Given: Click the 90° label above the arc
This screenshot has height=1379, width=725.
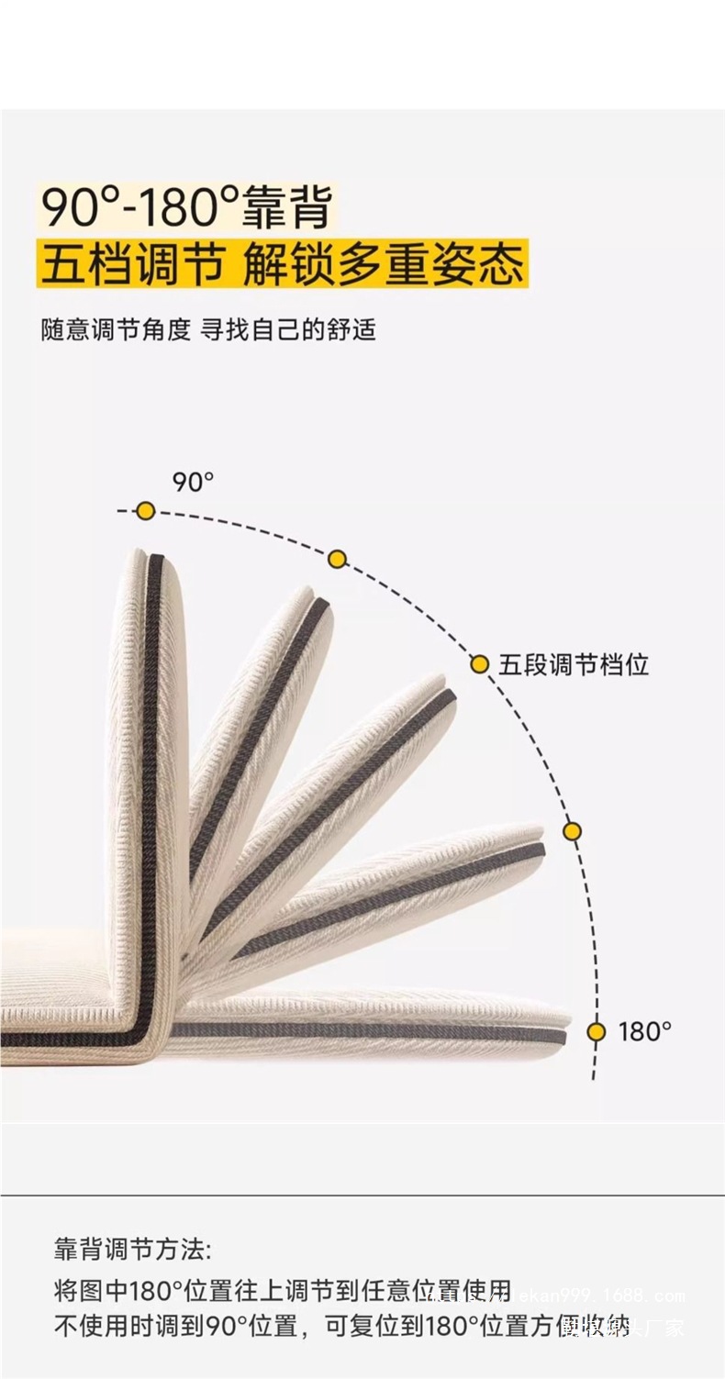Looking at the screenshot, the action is click(x=193, y=481).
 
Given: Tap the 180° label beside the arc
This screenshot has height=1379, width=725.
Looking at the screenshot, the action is click(x=644, y=1031).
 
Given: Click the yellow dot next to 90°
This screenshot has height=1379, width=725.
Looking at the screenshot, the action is click(x=145, y=511).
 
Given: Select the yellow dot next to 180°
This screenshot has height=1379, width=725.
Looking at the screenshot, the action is click(x=597, y=1031).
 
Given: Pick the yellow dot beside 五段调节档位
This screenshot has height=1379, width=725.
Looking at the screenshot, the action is click(x=480, y=664).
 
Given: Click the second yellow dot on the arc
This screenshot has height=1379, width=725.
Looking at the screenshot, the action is click(x=337, y=559).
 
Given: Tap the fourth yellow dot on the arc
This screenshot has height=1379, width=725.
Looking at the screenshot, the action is click(x=572, y=831).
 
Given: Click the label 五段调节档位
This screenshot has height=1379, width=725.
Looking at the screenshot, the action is click(x=574, y=664).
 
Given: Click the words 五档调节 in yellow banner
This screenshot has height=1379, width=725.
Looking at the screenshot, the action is click(x=132, y=263).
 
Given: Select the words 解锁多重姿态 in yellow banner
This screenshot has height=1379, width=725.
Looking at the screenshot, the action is click(x=384, y=263).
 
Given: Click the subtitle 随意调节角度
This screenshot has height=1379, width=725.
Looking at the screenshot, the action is click(x=115, y=329).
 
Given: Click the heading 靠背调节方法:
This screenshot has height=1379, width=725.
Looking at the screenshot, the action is click(x=132, y=1250).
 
